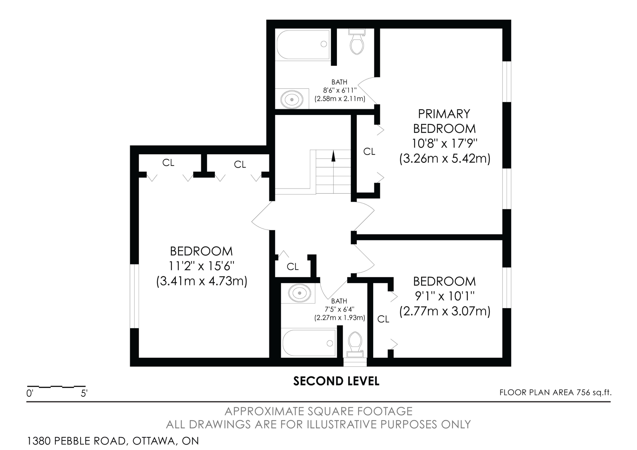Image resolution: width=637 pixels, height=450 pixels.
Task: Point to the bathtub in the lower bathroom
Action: (x=309, y=343)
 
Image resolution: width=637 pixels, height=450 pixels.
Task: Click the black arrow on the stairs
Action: (x=333, y=155)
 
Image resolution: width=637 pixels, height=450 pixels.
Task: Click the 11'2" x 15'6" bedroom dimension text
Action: (x=202, y=266)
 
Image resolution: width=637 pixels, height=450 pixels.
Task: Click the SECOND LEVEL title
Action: (x=336, y=381)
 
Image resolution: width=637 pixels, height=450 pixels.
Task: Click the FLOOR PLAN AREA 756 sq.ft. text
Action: (x=555, y=392)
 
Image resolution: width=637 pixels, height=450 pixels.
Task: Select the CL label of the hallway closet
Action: (x=293, y=267)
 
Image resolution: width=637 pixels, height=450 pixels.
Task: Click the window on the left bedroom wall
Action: (x=134, y=296)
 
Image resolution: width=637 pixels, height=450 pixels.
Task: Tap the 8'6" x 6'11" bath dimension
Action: (x=340, y=90)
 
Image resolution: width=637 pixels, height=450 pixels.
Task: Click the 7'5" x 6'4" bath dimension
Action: (x=340, y=309)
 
